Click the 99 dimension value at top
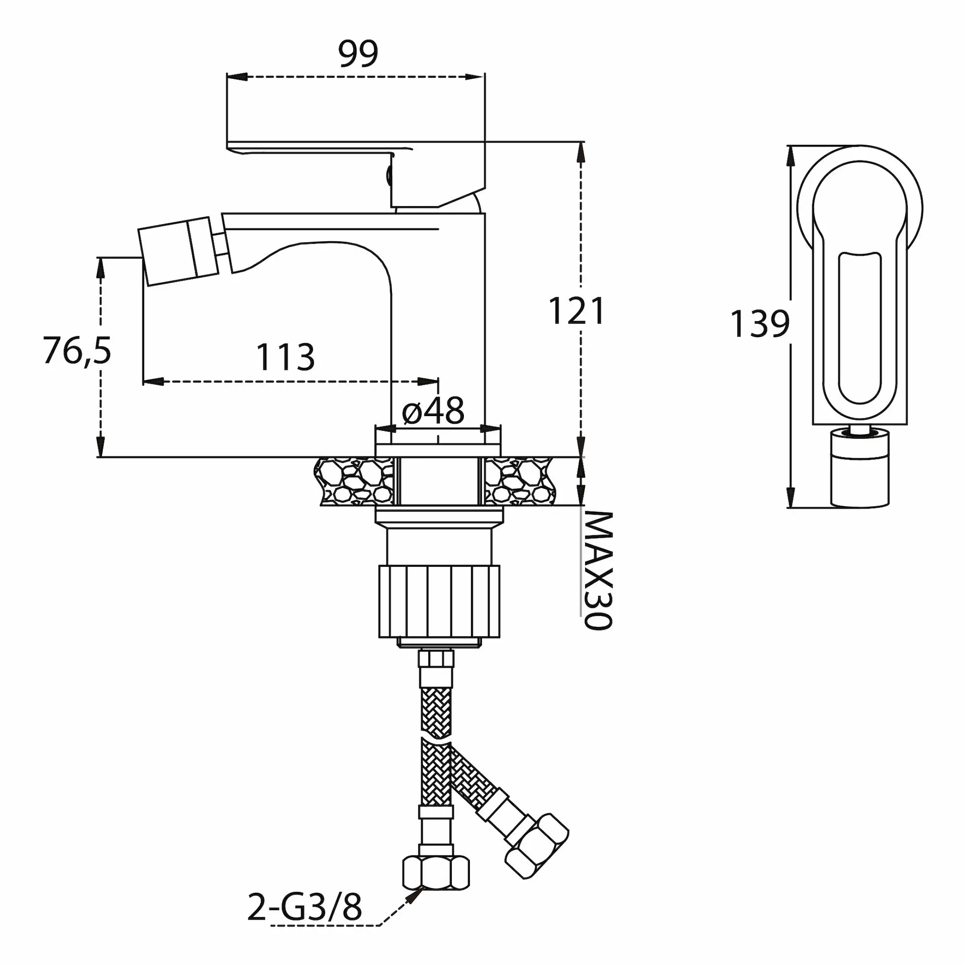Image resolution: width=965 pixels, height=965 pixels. [x=358, y=54]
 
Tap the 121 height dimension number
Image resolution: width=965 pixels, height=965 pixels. [x=576, y=311]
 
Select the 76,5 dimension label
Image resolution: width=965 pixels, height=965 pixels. [x=77, y=350]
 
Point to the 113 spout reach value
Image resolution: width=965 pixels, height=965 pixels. [x=285, y=357]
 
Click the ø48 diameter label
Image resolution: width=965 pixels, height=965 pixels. [x=433, y=411]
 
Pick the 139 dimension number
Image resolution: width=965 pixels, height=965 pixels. [x=759, y=324]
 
